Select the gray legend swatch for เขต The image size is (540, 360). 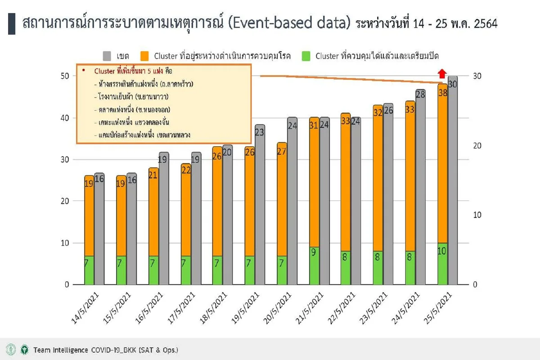click(x=107, y=56)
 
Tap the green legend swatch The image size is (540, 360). click(x=306, y=56)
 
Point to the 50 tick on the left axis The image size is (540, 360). click(x=65, y=76)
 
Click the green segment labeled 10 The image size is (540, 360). click(x=442, y=264)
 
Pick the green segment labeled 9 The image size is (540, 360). click(x=314, y=265)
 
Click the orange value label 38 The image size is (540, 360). click(x=442, y=93)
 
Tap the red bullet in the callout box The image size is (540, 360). click(x=84, y=71)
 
